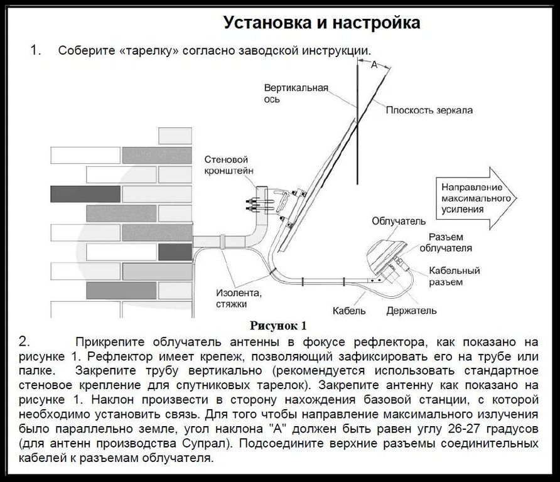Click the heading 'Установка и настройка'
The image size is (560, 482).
pyautogui.click(x=322, y=23)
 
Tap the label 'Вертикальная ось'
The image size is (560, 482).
pyautogui.click(x=296, y=94)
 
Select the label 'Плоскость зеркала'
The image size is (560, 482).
pyautogui.click(x=429, y=110)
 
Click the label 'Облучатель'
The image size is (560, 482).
pyautogui.click(x=399, y=222)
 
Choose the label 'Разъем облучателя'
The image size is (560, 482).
pyautogui.click(x=450, y=242)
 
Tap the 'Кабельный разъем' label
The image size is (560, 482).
pyautogui.click(x=455, y=276)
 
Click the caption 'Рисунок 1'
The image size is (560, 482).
pyautogui.click(x=278, y=326)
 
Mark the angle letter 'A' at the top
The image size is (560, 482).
pyautogui.click(x=374, y=65)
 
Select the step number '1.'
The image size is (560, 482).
pyautogui.click(x=36, y=50)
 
